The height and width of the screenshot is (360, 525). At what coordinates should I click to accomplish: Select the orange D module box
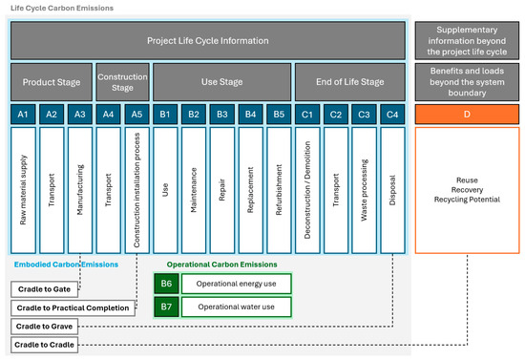[467, 114]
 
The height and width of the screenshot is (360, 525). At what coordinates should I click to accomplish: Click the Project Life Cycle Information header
[208, 40]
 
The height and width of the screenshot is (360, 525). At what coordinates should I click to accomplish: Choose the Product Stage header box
[52, 81]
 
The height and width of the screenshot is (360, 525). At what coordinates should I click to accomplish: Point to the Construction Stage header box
[123, 81]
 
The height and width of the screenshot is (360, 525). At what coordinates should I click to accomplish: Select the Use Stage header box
[221, 81]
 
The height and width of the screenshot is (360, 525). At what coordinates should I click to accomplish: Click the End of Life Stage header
[350, 81]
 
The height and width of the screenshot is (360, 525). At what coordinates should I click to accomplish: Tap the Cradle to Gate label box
[43, 289]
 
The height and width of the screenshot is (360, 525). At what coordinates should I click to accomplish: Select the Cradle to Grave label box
[45, 326]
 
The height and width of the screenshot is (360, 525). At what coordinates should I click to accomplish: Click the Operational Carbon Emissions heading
[221, 264]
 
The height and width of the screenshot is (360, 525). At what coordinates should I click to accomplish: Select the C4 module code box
[392, 114]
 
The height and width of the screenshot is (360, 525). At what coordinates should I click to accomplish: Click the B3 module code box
[221, 114]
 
